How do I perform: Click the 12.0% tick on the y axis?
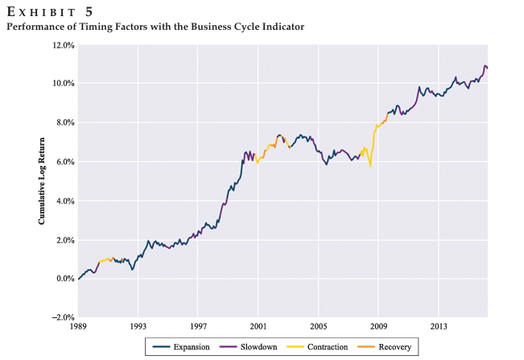(63, 45)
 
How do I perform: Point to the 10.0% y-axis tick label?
(63, 84)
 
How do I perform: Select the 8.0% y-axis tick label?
(64, 122)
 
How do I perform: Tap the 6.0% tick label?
(64, 162)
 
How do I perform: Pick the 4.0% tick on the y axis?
(64, 201)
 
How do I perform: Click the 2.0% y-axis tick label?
(64, 240)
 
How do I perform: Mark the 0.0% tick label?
(64, 279)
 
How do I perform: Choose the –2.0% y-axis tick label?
(63, 317)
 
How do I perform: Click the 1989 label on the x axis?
(78, 328)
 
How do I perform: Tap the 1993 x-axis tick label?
(138, 328)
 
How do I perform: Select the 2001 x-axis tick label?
(258, 328)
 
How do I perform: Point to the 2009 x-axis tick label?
(378, 328)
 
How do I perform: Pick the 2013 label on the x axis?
(439, 328)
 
